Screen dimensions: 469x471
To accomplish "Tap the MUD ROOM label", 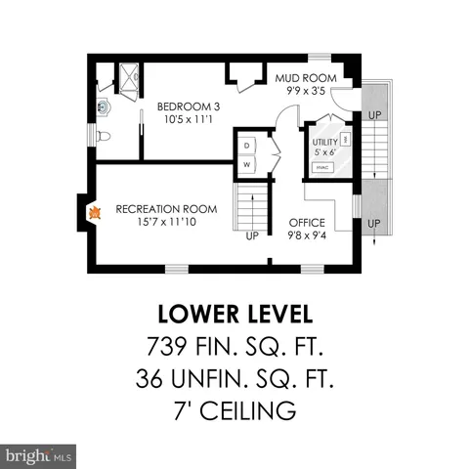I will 306,78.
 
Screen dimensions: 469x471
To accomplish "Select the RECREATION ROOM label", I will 165,209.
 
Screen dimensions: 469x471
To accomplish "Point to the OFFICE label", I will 307,223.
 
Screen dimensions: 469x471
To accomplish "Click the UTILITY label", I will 324,142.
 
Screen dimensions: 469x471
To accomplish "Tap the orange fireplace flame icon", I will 95,211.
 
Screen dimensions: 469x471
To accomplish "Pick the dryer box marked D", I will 246,146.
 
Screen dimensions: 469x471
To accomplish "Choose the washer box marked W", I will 246,164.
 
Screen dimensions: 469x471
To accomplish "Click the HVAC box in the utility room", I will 321,168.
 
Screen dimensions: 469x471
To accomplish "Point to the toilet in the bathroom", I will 106,136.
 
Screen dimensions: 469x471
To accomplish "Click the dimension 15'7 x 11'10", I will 165,222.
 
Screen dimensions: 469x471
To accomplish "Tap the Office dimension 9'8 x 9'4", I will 307,234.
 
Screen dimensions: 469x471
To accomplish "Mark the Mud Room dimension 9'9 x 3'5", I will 306,90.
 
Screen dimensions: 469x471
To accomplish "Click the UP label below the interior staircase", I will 252,235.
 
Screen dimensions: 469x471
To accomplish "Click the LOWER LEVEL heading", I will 235,315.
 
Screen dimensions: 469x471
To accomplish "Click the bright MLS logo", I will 39,454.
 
